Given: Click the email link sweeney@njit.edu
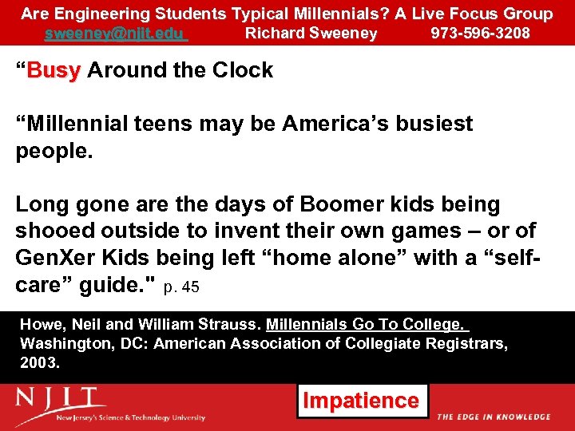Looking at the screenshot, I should (x=115, y=34).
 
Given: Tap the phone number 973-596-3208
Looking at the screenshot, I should (x=480, y=34).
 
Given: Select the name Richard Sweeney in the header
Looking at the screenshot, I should (x=311, y=34).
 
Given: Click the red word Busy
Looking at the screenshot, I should (x=54, y=70).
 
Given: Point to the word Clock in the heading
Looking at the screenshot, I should (x=243, y=70).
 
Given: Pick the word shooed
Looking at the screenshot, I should (x=51, y=231).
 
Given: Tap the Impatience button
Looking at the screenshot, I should (x=363, y=401).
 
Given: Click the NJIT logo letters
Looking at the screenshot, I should (x=61, y=400).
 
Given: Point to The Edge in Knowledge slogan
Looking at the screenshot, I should (x=494, y=417).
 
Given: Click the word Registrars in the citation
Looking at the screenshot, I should (x=471, y=343).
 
